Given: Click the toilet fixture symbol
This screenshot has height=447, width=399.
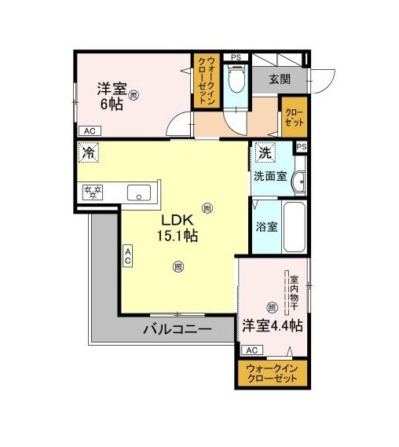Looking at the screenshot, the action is (x=236, y=79).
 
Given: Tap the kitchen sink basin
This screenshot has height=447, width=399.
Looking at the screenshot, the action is (x=139, y=192).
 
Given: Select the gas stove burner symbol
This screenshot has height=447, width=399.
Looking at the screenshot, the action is (x=93, y=192).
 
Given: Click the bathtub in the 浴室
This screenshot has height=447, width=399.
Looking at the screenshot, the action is (x=294, y=227).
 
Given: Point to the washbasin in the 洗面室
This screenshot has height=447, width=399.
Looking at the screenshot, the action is (x=298, y=181).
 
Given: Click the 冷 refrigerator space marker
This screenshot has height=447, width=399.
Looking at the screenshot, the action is (x=88, y=152).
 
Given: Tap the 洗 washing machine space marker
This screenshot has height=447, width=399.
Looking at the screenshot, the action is (x=265, y=152).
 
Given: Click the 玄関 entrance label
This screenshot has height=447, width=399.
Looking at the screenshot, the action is (x=280, y=79).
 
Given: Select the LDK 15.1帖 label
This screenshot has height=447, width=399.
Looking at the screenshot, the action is (x=178, y=228).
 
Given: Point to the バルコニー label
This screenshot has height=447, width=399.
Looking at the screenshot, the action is (x=178, y=329).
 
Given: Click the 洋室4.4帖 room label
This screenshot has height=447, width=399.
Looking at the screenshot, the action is (x=273, y=325).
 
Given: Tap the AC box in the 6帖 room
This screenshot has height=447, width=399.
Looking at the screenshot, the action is (x=90, y=131).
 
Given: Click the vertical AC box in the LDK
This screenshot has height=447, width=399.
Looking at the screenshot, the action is (x=128, y=256).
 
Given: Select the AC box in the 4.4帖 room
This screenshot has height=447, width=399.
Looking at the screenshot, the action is (x=252, y=350).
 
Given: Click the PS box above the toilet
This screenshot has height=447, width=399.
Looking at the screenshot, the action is (x=236, y=57).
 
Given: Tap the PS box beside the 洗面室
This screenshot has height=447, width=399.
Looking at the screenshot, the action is (x=302, y=147).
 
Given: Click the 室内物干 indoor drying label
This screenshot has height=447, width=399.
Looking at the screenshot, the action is (x=294, y=293).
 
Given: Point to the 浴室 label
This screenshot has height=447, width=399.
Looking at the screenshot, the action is (x=266, y=226).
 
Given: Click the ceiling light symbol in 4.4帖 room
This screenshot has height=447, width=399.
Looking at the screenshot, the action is (x=272, y=307).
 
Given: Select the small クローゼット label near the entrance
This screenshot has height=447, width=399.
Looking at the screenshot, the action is (x=295, y=117).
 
